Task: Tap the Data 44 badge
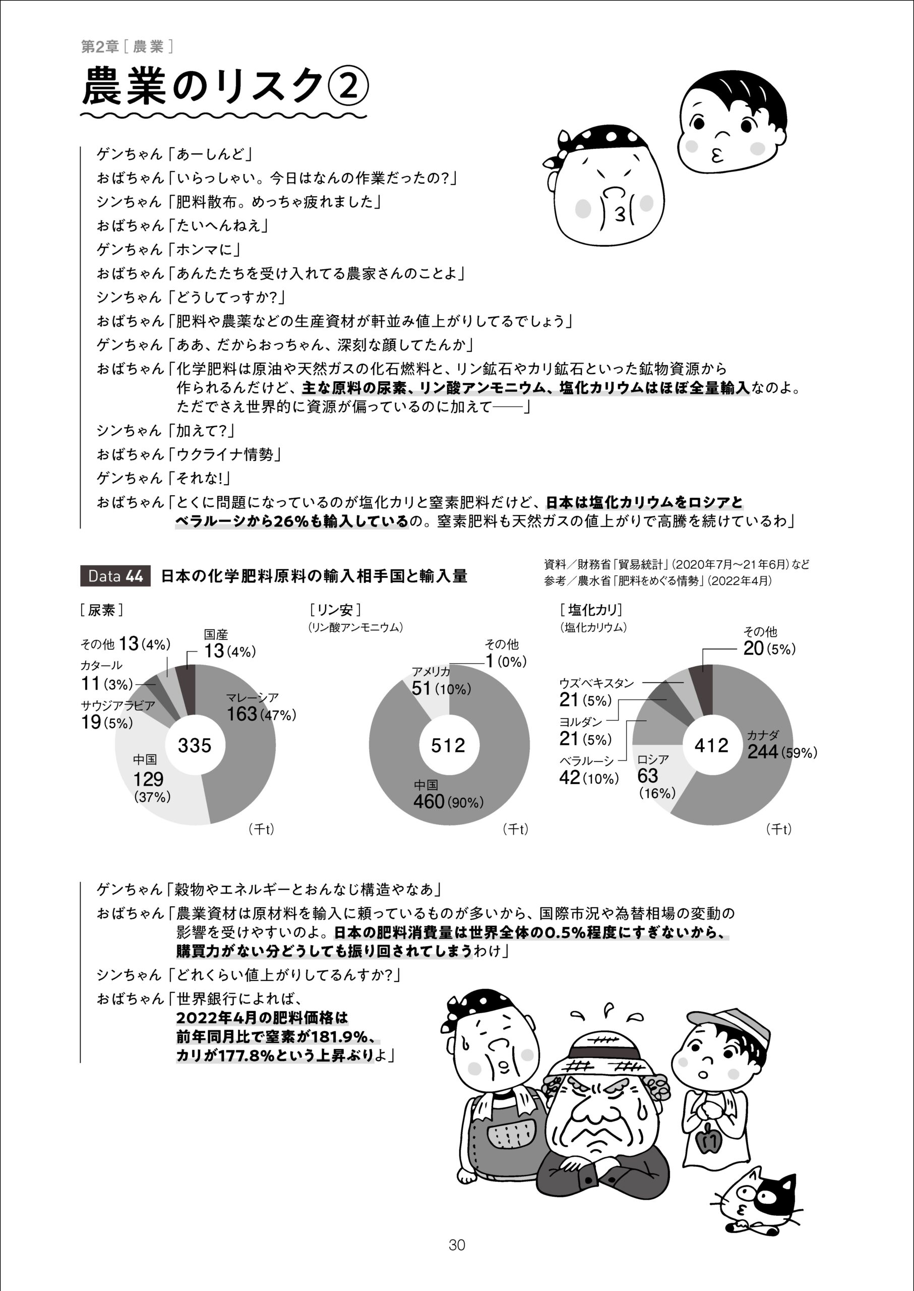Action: coord(115,576)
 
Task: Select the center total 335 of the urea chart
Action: coord(195,745)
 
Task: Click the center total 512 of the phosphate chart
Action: coord(448,745)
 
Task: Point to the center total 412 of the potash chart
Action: coord(711,745)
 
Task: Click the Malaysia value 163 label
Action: coord(242,714)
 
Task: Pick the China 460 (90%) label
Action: coord(448,801)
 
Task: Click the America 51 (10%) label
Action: coord(441,688)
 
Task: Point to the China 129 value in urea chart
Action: coord(148,779)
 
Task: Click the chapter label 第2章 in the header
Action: coord(100,47)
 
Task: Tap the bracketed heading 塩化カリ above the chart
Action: coord(590,610)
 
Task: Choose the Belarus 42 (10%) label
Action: coord(589,778)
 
